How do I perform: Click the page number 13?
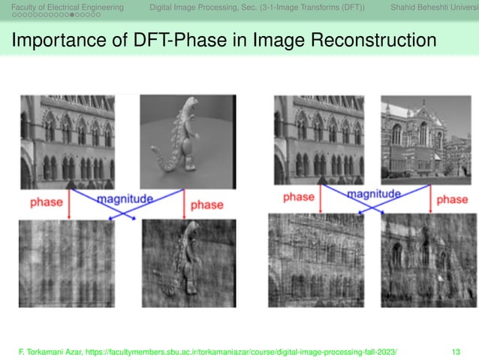tap(456, 351)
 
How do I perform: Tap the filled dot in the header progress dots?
tap(71, 16)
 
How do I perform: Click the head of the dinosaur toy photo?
tap(182, 111)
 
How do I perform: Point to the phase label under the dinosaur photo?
tap(206, 204)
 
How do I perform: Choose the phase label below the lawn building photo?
tap(451, 198)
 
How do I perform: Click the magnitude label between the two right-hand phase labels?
tap(373, 195)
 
